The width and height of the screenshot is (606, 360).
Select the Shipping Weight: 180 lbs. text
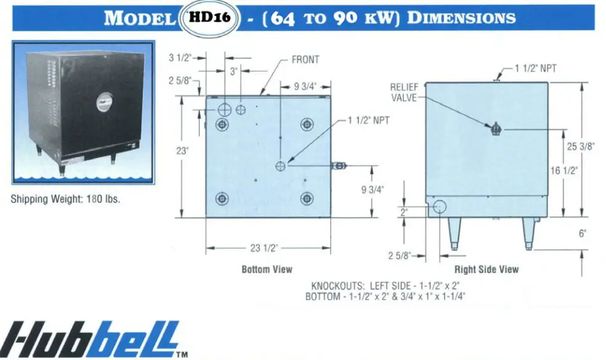click(x=65, y=199)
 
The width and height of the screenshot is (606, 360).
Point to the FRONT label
click(x=305, y=60)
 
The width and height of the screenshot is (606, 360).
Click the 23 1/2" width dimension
click(x=264, y=248)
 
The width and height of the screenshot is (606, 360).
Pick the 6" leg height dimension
click(x=583, y=233)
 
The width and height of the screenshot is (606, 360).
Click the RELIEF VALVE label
click(x=404, y=92)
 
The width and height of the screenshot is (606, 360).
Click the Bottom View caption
click(x=267, y=269)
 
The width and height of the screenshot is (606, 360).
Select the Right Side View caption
click(x=487, y=269)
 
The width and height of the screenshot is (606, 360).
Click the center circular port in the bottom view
click(x=281, y=165)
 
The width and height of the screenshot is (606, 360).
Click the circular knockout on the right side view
click(x=440, y=207)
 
